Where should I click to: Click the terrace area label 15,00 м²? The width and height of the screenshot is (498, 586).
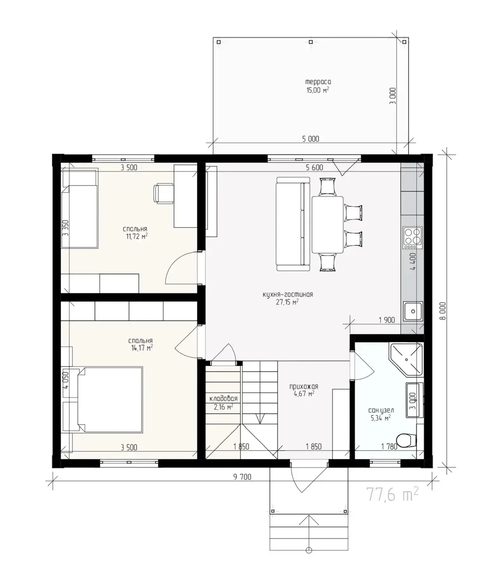[317, 90]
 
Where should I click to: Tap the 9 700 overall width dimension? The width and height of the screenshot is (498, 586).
[242, 477]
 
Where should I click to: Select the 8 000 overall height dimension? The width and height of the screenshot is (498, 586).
[443, 311]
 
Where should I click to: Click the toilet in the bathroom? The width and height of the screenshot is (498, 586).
[406, 440]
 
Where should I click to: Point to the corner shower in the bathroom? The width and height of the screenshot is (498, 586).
[406, 359]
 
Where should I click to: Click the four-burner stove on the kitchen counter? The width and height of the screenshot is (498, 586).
[412, 238]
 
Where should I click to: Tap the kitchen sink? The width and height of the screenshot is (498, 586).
[413, 311]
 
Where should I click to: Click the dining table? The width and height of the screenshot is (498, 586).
[328, 225]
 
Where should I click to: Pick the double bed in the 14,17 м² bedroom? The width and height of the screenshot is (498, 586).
[110, 399]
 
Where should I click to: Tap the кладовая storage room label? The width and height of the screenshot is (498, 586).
[223, 398]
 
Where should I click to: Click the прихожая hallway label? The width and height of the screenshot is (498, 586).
[304, 386]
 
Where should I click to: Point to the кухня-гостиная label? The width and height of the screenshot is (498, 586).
[288, 294]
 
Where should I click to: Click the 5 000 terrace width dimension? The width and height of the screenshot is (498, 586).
[310, 139]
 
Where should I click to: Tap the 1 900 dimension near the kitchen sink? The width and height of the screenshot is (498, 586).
[387, 320]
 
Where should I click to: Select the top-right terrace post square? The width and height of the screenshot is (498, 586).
[404, 42]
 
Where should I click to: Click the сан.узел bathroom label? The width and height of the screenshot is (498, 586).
[381, 410]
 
